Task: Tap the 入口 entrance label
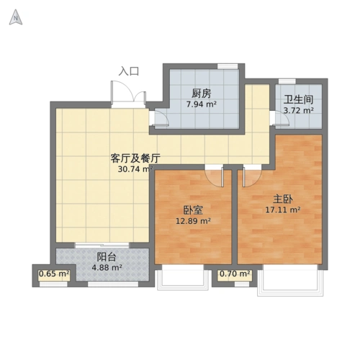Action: [129, 71]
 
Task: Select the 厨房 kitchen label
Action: [201, 93]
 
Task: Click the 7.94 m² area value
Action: [202, 104]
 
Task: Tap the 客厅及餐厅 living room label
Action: [135, 158]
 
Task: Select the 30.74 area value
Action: [134, 170]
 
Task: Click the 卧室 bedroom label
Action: [193, 210]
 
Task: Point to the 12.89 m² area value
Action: [193, 222]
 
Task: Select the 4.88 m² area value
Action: [107, 268]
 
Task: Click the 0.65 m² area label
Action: [53, 274]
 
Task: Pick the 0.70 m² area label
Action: [234, 274]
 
